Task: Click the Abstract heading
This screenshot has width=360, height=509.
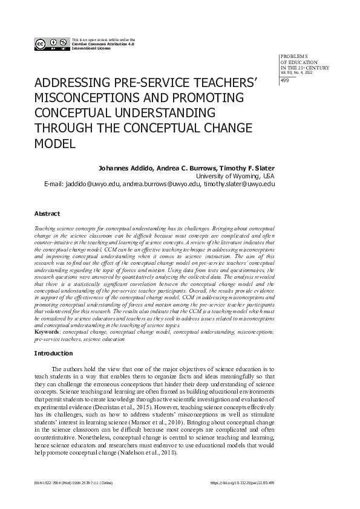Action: (47, 214)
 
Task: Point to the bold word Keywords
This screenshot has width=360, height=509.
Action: (48, 332)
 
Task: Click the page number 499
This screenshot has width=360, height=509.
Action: (285, 82)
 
